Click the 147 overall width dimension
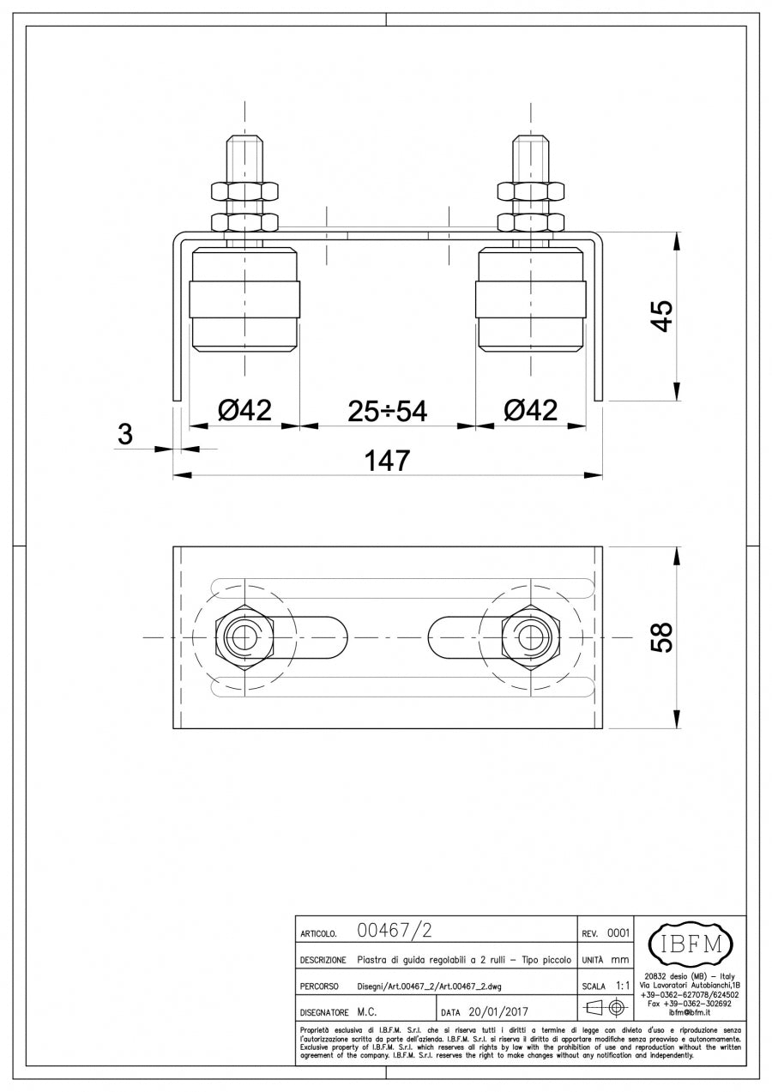coord(387,461)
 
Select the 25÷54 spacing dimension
coord(387,411)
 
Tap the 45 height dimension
coord(661,316)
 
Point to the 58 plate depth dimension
coord(661,637)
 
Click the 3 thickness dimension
coord(125,435)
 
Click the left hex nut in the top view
coord(244,637)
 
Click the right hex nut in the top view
coord(531,637)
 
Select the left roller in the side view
coord(244,300)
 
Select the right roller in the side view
coord(531,300)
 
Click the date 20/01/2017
coord(498,1011)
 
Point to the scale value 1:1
coord(624,986)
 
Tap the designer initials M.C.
coord(367,1011)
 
